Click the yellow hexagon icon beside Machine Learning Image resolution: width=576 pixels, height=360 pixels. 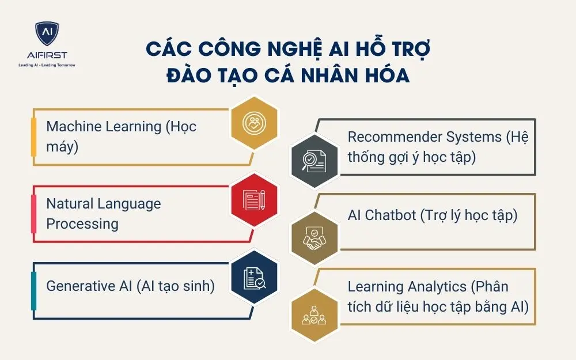tap(253, 122)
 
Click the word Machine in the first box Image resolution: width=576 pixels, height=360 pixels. tap(74, 126)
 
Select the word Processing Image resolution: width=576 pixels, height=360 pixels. tap(82, 223)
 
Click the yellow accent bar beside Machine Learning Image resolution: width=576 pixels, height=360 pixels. tap(33, 137)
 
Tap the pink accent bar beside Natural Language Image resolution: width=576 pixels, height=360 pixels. tap(33, 213)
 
